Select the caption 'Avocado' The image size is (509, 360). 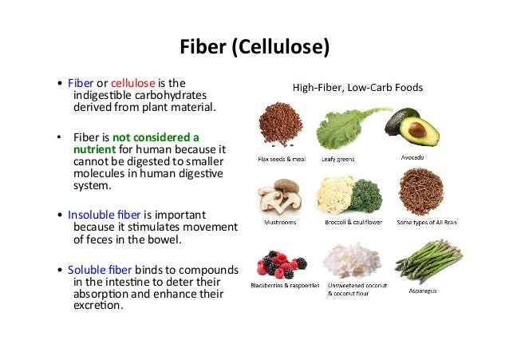[x=412, y=157]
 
